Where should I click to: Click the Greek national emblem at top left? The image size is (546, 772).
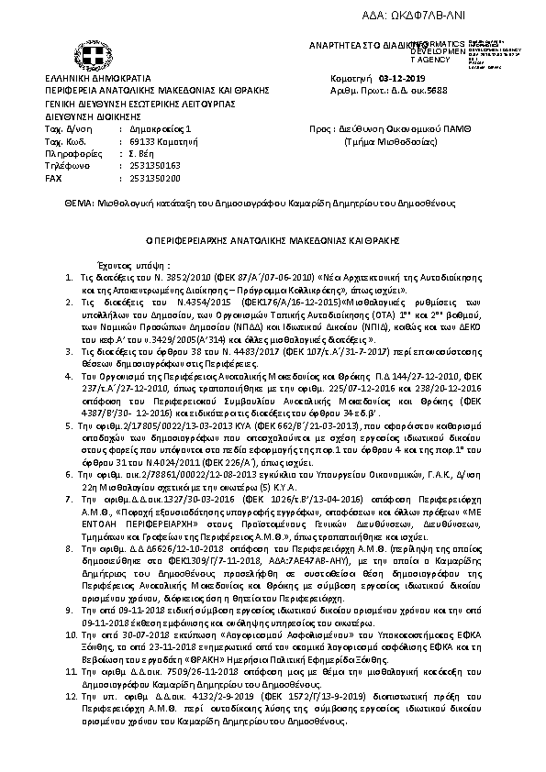(x=93, y=60)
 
